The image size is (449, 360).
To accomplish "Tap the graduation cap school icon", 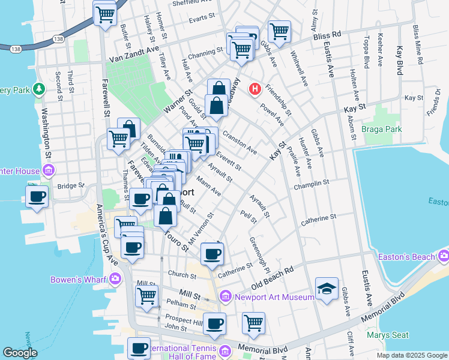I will [327, 290].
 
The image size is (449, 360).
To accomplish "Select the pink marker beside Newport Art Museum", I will [225, 296].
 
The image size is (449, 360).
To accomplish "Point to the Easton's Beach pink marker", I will [444, 257].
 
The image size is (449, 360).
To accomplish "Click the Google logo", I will [20, 353].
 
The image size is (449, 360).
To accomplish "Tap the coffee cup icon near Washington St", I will [37, 196].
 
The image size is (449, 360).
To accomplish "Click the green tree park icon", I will [39, 89].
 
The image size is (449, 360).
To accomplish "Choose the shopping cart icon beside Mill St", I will [146, 295].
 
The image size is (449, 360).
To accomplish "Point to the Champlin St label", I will [312, 185].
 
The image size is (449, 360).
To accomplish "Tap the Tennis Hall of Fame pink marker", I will [225, 351].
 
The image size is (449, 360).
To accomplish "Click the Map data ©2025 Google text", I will [411, 355].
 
